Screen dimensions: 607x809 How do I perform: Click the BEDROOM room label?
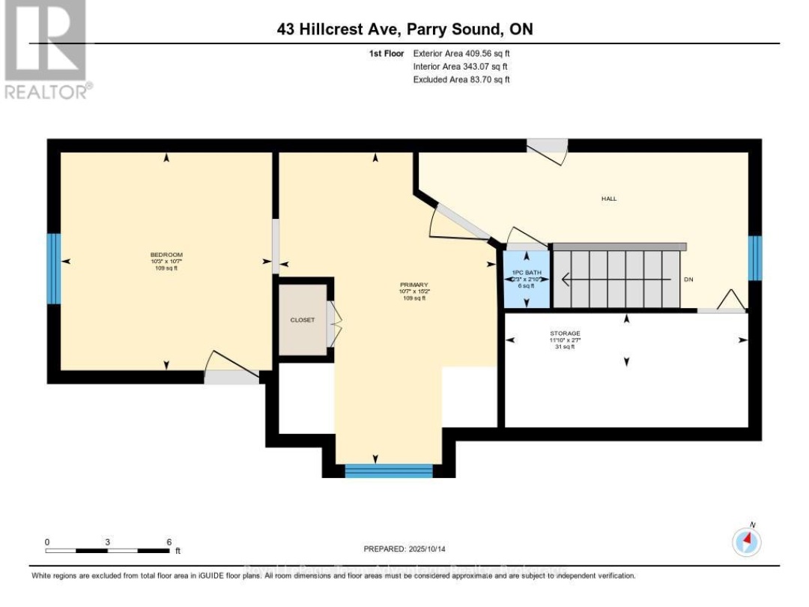[166, 255]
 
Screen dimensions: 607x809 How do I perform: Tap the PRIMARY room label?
[413, 285]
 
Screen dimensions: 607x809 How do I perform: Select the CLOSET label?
[303, 320]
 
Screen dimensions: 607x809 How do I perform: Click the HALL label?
[608, 199]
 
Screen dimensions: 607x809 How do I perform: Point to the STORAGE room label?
[565, 333]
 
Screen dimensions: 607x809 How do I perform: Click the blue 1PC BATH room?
[526, 280]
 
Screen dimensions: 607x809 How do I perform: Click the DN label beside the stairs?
[688, 280]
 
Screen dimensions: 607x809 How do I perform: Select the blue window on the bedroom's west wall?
[54, 269]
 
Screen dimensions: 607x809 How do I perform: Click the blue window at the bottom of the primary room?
[389, 471]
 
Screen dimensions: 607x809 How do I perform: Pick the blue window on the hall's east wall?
[755, 257]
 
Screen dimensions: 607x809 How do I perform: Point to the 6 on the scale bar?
[169, 542]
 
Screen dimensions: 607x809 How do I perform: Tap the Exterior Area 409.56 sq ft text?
[461, 54]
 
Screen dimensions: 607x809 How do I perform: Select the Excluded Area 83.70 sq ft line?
[461, 79]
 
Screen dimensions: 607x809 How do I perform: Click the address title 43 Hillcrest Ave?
[404, 29]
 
